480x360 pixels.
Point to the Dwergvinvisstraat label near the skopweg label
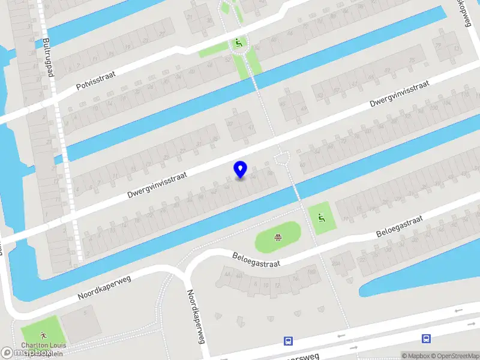point(400,94)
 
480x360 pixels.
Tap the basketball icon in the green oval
point(277,238)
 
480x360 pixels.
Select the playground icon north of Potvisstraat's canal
point(239,43)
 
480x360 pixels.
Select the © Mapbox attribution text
point(415,356)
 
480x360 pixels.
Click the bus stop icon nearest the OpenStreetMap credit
point(426,339)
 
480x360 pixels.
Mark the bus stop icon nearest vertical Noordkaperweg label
point(288,341)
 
